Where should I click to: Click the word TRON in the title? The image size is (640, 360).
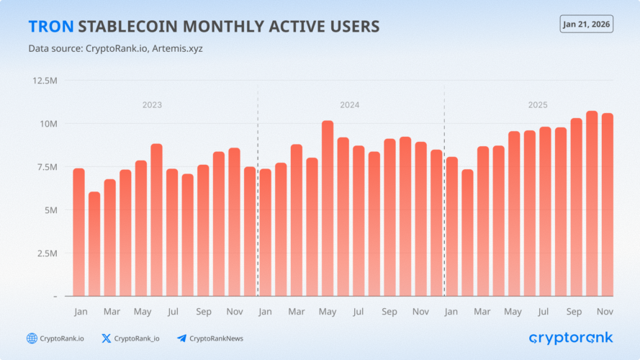[50, 27]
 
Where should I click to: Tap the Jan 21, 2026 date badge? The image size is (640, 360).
[586, 24]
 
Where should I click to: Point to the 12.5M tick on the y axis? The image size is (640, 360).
[44, 80]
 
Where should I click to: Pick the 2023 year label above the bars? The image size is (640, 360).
[152, 105]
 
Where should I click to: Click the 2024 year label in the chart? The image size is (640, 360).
[350, 105]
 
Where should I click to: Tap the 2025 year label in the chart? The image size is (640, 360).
[538, 105]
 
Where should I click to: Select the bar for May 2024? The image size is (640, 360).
[328, 209]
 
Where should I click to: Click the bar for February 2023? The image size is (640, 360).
[94, 244]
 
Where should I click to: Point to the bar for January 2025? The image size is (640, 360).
[452, 226]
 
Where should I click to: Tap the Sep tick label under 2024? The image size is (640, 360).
[389, 312]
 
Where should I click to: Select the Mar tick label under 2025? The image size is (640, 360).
[483, 312]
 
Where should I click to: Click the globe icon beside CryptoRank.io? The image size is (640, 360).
[32, 338]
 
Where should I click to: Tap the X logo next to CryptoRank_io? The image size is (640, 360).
[107, 338]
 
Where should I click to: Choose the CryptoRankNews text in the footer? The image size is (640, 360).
[216, 338]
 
